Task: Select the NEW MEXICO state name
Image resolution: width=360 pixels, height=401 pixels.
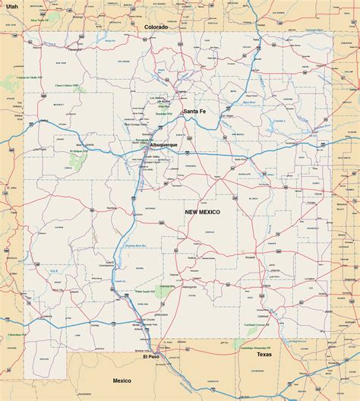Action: [203, 213]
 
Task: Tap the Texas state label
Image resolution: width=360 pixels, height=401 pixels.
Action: [264, 354]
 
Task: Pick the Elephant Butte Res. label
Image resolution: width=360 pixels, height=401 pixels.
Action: [134, 245]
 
